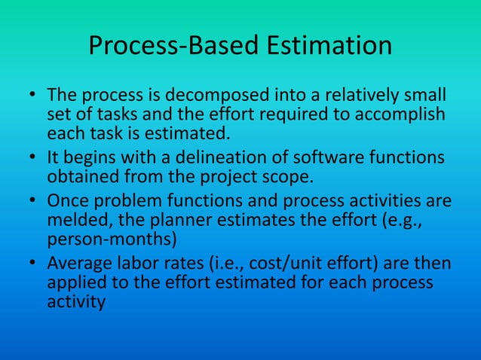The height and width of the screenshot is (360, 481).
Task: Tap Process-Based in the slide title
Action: click(174, 46)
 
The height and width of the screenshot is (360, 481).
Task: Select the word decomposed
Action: click(216, 98)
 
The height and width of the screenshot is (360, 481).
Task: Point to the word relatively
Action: click(361, 98)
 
